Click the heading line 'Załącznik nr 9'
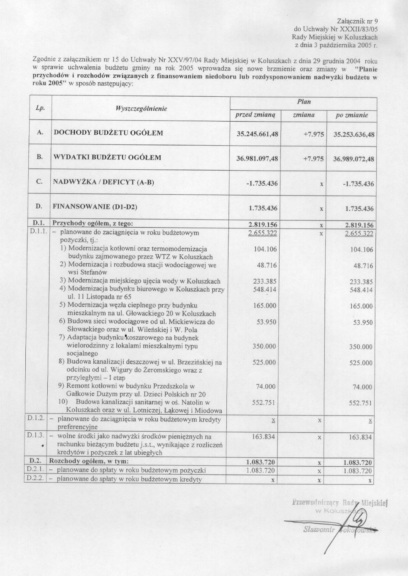pos(358,21)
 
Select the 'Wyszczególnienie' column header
pos(135,109)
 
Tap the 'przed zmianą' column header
pos(255,115)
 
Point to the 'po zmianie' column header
pos(351,115)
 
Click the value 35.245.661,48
pos(257,134)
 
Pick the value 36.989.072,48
pos(354,159)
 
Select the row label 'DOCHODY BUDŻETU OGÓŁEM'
pos(108,133)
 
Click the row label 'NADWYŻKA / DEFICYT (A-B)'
pos(103,182)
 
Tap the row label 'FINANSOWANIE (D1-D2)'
pos(95,207)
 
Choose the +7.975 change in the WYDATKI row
pos(313,159)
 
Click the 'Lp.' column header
pos(40,108)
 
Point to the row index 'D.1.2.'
pos(36,418)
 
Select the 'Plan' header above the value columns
pos(304,102)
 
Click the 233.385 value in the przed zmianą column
pos(265,282)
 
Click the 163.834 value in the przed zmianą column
pos(264,437)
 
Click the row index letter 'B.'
pos(40,157)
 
